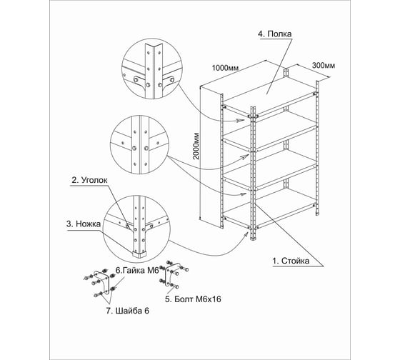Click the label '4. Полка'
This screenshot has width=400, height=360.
[275, 34]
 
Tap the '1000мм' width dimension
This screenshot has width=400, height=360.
[225, 68]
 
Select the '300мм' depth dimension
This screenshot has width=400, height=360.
[324, 66]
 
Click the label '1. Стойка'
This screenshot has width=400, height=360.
[291, 261]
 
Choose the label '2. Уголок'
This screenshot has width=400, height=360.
[89, 180]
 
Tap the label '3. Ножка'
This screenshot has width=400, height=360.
[84, 224]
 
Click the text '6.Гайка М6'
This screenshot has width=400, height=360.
[137, 271]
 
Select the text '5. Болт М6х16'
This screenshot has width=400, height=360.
[193, 299]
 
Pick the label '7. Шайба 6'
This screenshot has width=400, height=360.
[128, 311]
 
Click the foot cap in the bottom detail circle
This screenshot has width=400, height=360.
[139, 254]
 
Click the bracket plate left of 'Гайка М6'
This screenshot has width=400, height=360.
[102, 281]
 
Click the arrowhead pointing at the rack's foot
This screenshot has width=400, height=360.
[246, 234]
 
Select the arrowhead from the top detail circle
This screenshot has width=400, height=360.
[240, 121]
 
